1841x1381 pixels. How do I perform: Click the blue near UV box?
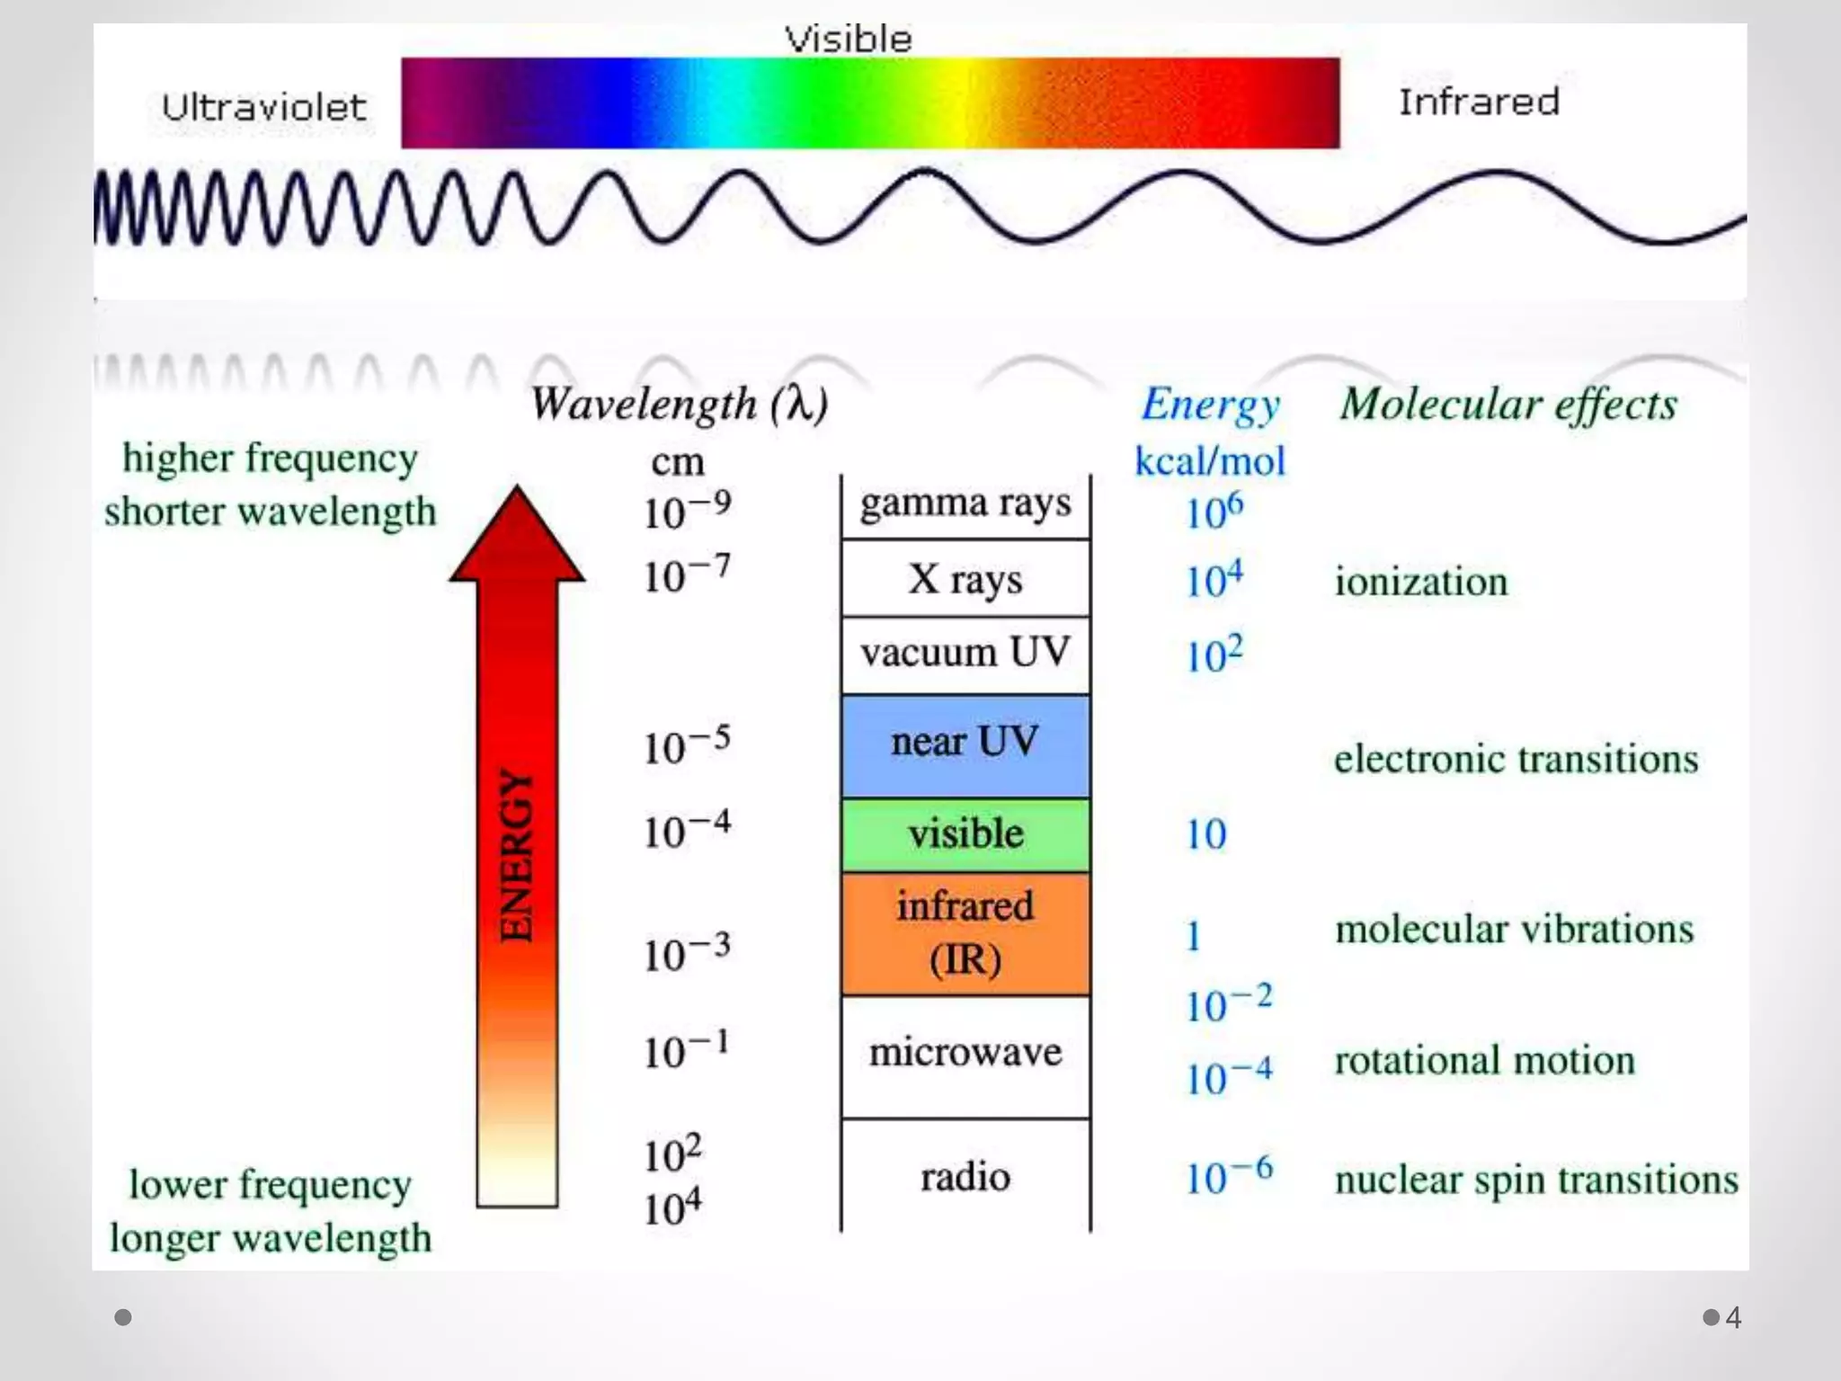(x=965, y=744)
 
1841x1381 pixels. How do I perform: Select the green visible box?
(x=965, y=834)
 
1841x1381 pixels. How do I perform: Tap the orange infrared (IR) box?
(x=965, y=933)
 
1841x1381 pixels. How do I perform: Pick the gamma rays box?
(x=965, y=505)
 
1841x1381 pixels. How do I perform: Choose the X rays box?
(x=965, y=579)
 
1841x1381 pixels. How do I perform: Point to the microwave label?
(x=965, y=1052)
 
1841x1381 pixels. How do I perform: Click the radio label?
(x=965, y=1177)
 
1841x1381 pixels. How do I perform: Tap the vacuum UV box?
(x=965, y=654)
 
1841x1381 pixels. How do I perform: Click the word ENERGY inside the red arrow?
(x=517, y=856)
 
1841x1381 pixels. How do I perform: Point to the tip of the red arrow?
(x=517, y=490)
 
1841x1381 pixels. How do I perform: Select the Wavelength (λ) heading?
(x=679, y=404)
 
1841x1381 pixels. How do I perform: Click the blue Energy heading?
(x=1211, y=405)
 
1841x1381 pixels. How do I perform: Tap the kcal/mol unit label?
(x=1210, y=462)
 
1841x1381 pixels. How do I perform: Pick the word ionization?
(x=1421, y=582)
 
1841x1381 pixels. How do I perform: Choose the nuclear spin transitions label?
(x=1536, y=1180)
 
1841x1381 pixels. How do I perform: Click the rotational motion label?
(x=1484, y=1060)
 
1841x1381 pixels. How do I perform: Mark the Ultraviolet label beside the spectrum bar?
(x=264, y=108)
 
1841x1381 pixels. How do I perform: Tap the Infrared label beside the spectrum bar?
(x=1479, y=102)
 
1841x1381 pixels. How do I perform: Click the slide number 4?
(x=1733, y=1317)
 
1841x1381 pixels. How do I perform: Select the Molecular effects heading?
(x=1508, y=405)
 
